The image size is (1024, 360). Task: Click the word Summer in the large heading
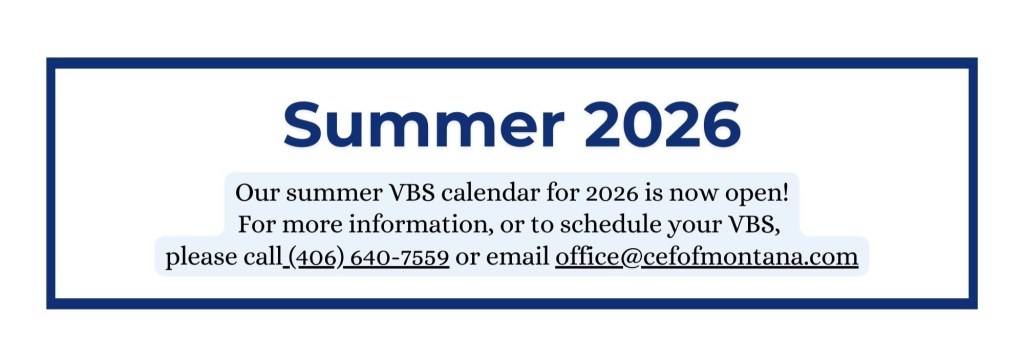[424, 124]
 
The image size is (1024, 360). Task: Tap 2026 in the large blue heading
[662, 124]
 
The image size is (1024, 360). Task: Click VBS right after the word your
[751, 225]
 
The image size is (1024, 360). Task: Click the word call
[262, 257]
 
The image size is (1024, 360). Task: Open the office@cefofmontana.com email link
[707, 257]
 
